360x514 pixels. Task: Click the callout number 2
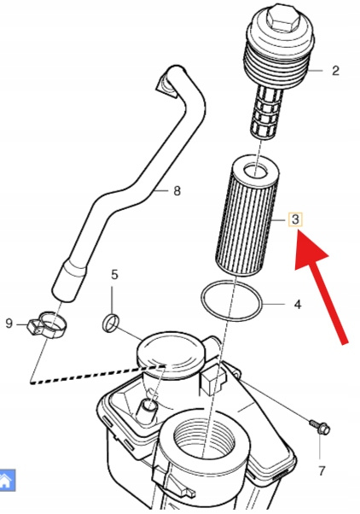pyautogui.click(x=335, y=71)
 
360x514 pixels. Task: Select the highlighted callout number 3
pyautogui.click(x=295, y=219)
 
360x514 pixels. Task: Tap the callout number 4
pyautogui.click(x=298, y=305)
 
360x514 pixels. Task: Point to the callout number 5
pyautogui.click(x=114, y=275)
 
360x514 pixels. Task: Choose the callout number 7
pyautogui.click(x=322, y=471)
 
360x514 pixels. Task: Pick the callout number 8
pyautogui.click(x=177, y=190)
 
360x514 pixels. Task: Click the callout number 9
pyautogui.click(x=9, y=324)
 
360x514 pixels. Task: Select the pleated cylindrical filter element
pyautogui.click(x=247, y=215)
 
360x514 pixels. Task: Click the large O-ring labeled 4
pyautogui.click(x=231, y=301)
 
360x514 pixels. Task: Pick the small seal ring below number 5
pyautogui.click(x=111, y=323)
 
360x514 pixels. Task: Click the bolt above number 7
pyautogui.click(x=320, y=427)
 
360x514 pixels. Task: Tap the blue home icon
pyautogui.click(x=7, y=481)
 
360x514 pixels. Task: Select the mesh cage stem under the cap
pyautogui.click(x=267, y=112)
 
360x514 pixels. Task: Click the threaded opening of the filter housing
pyautogui.click(x=203, y=440)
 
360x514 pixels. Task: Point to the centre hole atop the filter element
pyautogui.click(x=256, y=171)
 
